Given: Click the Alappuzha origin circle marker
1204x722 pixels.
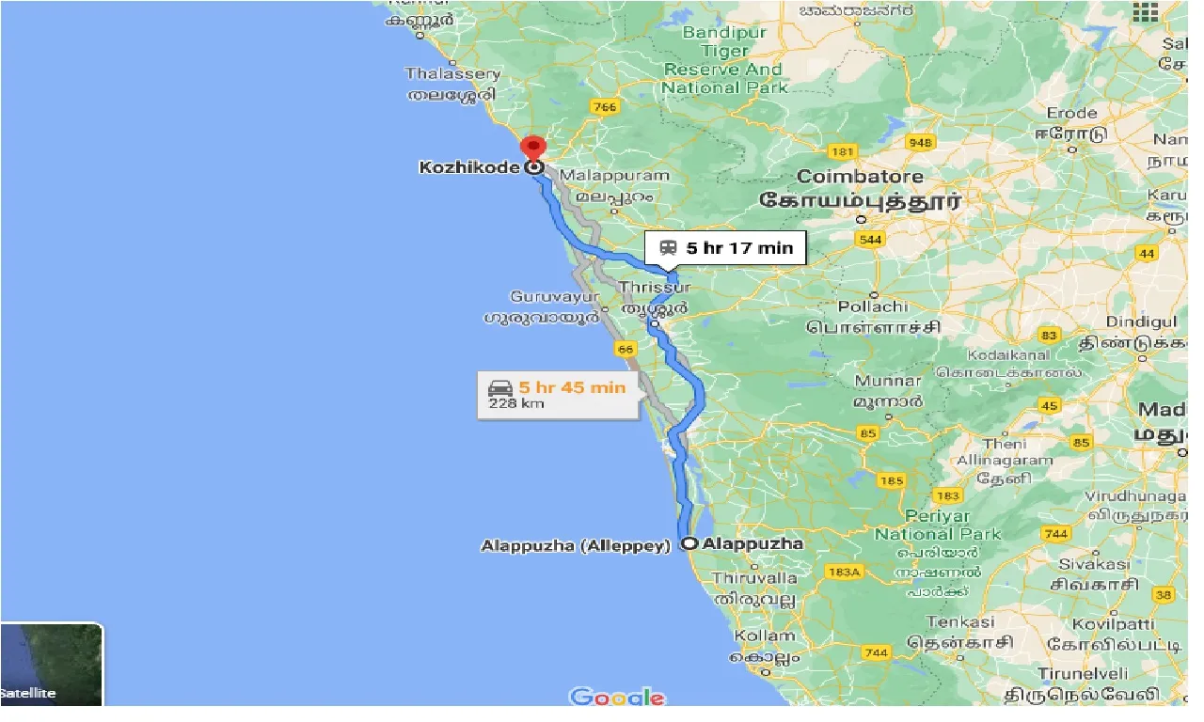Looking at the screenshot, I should point(689,543).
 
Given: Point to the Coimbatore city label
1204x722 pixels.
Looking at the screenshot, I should point(860,177).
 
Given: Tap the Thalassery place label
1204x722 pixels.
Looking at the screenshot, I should point(452,73).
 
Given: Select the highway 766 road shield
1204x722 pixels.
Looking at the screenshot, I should point(605,107).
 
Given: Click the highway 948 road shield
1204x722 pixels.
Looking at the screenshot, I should point(921,143).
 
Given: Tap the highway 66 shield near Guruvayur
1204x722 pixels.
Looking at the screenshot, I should point(626,349).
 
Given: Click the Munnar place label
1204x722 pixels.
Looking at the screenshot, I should point(887,382).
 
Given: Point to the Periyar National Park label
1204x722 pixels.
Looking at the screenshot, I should point(937,526).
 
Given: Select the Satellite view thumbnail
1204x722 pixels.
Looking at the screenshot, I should point(52,665).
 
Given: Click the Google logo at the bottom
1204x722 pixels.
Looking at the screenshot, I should point(617,697).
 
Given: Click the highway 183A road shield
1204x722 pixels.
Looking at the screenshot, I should point(845,572).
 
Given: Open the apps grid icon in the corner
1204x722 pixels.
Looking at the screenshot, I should point(1144,13).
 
